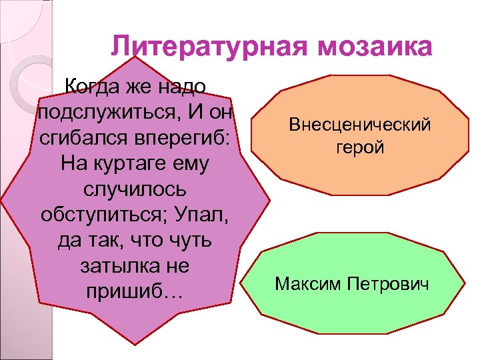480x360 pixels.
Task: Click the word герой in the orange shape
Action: click(360, 147)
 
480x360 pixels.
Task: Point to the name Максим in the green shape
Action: click(306, 285)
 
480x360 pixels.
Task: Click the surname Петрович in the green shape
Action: click(392, 285)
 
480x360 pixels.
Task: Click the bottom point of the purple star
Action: click(138, 344)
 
